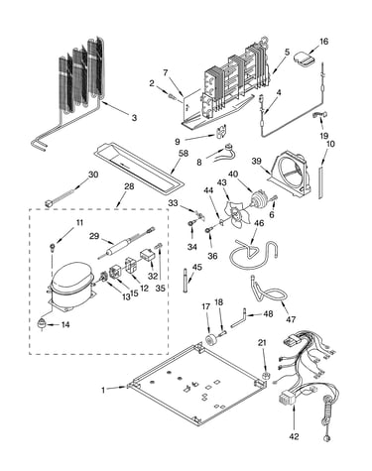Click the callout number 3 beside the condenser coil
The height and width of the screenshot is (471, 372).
pos(134,118)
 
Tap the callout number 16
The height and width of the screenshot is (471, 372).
pos(323,42)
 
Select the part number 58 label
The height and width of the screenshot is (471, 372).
pos(184,154)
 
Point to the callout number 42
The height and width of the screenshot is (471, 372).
pos(294,436)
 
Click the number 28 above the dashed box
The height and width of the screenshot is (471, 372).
pos(129,186)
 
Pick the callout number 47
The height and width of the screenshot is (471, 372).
pos(291,319)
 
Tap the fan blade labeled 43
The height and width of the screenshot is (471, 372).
pos(233,215)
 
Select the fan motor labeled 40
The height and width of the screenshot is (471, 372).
pos(259,199)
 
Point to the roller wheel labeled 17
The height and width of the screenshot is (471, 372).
pos(210,340)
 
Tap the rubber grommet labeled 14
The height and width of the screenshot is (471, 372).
pos(41,324)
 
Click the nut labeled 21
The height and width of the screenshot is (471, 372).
pos(265,376)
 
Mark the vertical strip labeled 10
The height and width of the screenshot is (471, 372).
pos(320,182)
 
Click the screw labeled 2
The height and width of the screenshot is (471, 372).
pos(173,96)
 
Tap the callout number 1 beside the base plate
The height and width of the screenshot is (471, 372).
pos(103,390)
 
